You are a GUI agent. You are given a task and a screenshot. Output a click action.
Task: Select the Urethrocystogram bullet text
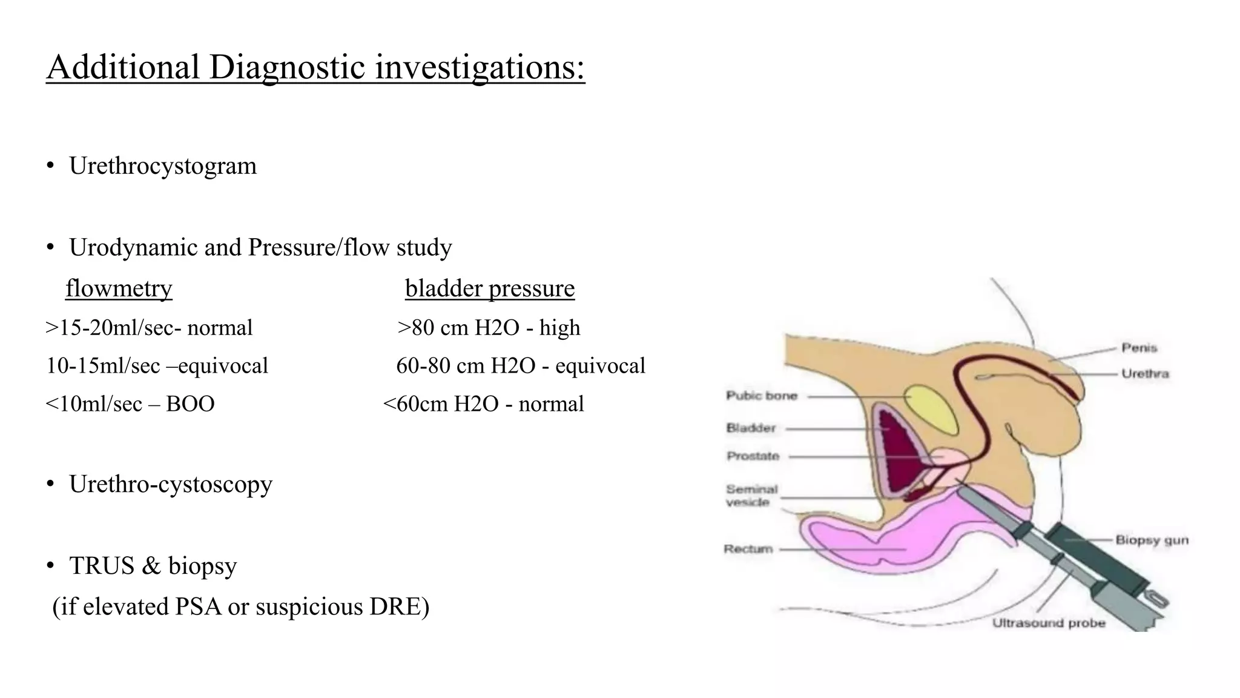(162, 166)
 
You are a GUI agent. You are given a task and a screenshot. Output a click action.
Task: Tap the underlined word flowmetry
(119, 288)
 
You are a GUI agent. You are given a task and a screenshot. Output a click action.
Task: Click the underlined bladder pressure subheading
(489, 288)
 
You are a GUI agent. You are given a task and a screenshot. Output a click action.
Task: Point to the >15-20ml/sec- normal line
(149, 328)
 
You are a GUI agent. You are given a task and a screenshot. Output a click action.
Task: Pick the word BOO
(190, 404)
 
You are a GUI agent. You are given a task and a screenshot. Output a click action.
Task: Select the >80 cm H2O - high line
(489, 328)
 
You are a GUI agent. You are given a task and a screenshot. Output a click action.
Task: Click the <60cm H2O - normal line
(483, 404)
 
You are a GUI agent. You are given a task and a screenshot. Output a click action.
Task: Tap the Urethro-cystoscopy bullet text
(170, 484)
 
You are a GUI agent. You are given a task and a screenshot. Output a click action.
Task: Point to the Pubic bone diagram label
(761, 396)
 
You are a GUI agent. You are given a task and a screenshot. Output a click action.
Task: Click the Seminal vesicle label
(751, 495)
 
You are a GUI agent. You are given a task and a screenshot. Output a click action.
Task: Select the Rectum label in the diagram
(748, 549)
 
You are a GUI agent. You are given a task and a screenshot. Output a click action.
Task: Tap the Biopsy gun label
(1152, 540)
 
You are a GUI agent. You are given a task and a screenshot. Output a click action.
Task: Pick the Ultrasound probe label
(1048, 623)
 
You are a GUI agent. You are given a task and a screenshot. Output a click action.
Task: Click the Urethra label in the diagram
(1144, 373)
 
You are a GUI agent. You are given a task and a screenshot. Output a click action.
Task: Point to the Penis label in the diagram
(1139, 348)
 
